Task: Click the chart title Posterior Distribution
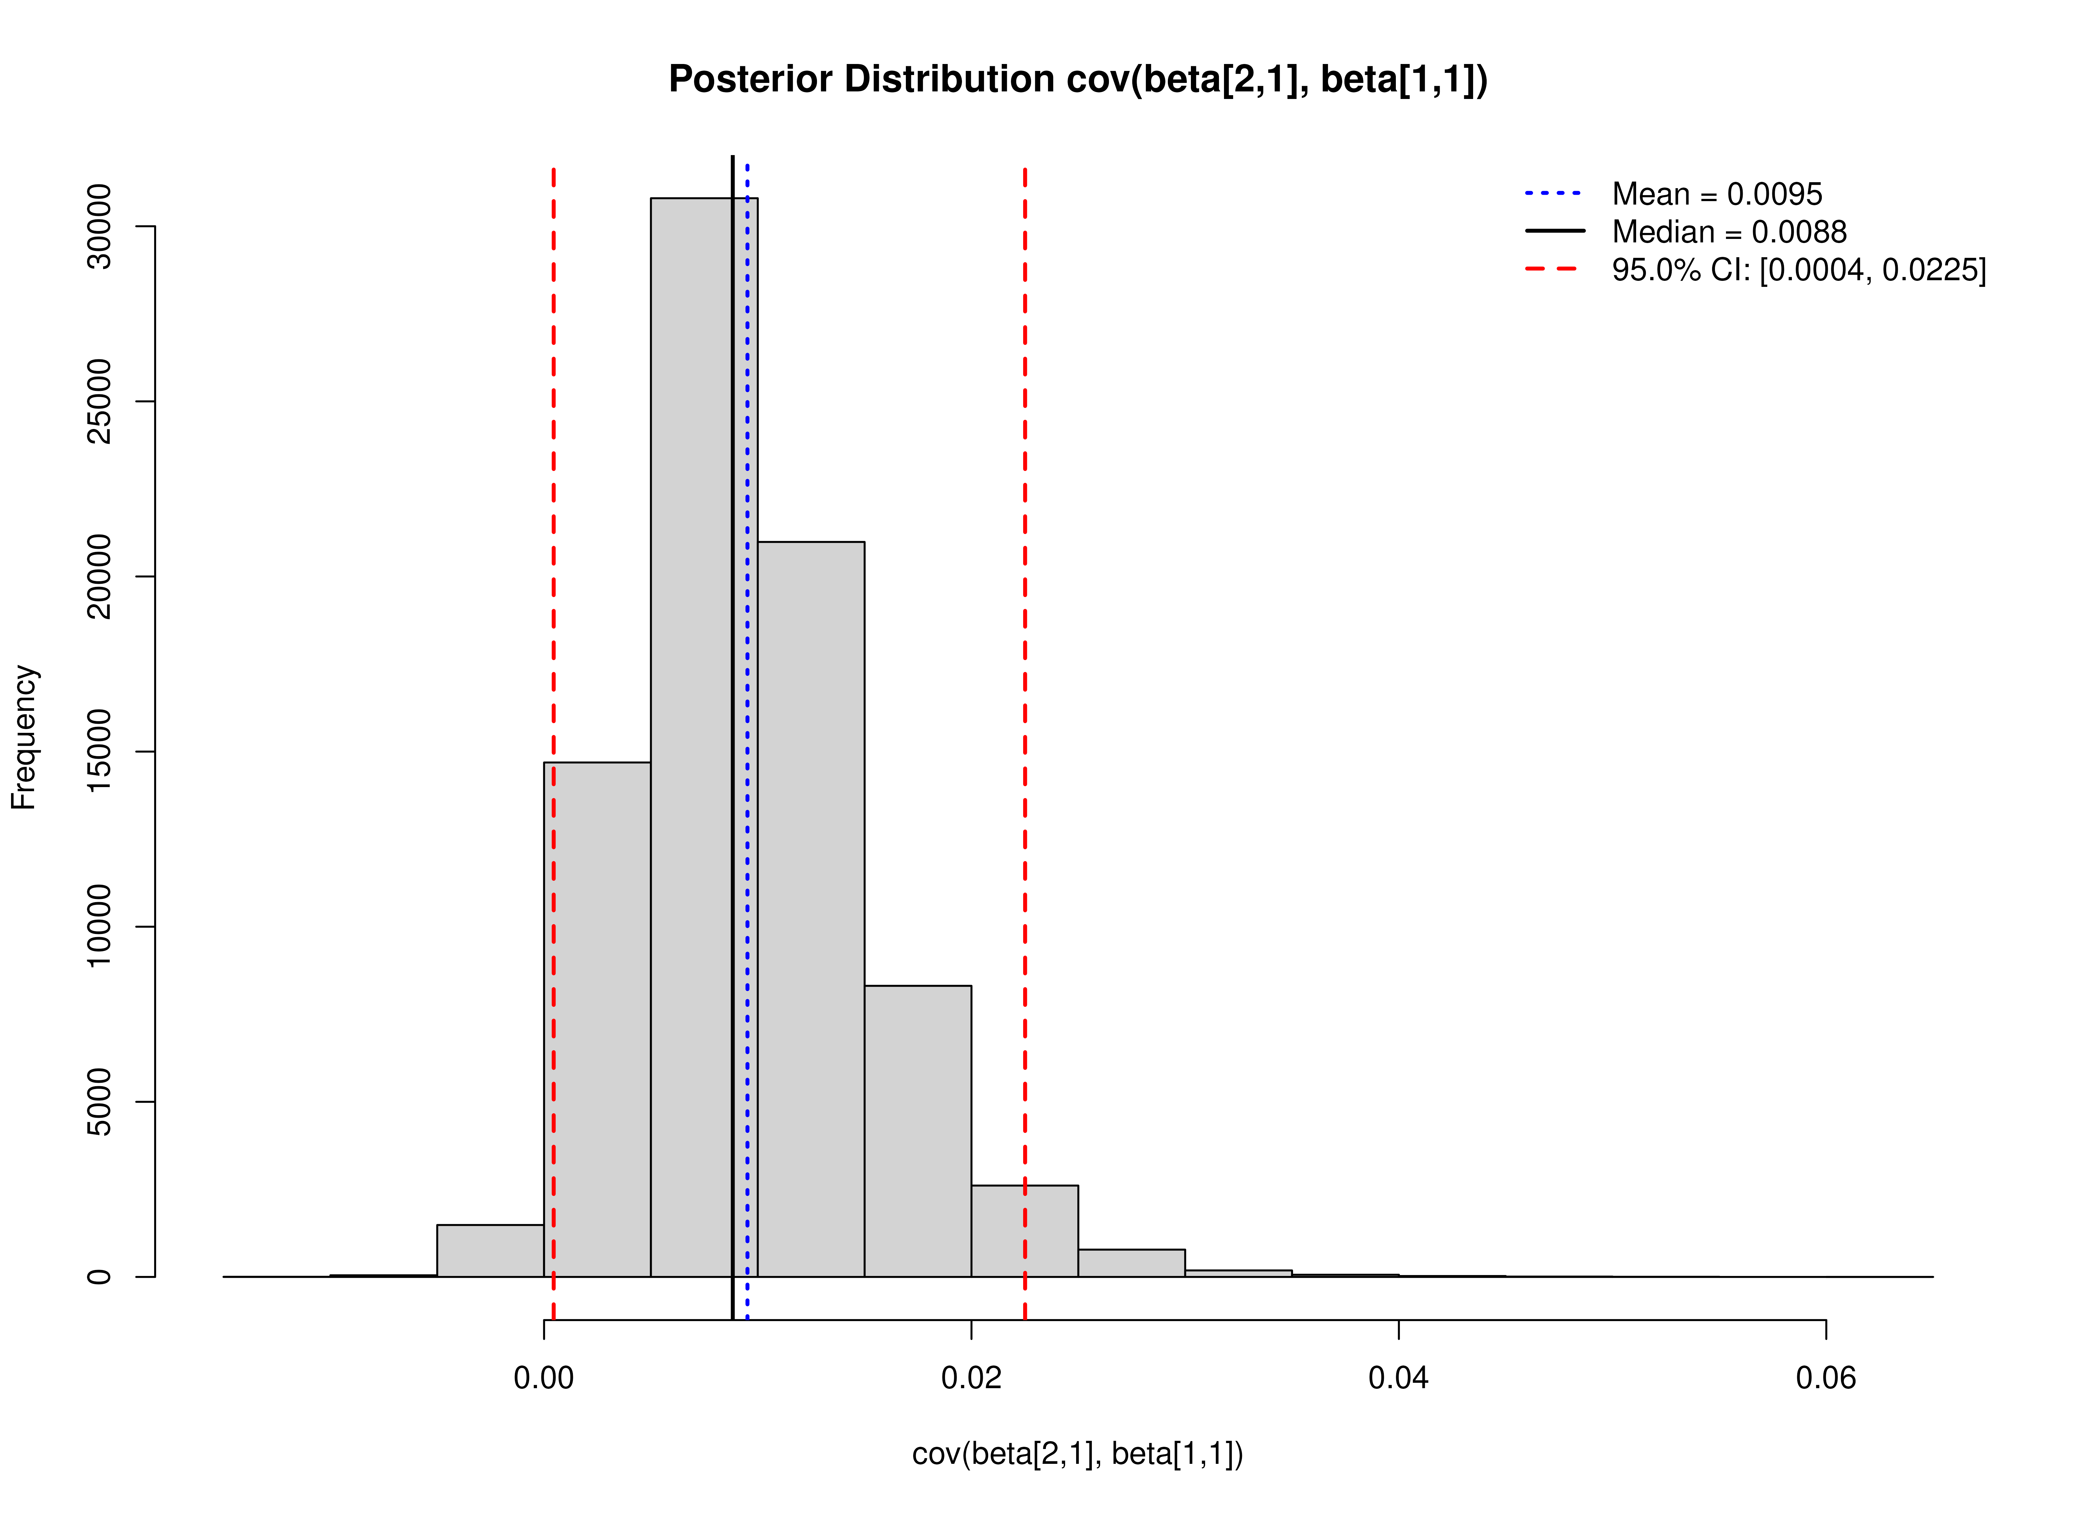(x=1077, y=80)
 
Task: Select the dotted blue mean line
(x=748, y=642)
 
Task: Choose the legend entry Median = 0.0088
(x=1729, y=232)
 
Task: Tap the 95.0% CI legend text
(x=1798, y=270)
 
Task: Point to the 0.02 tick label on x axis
(x=971, y=1378)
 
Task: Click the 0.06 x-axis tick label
(x=1825, y=1378)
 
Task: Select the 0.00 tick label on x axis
(x=544, y=1378)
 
